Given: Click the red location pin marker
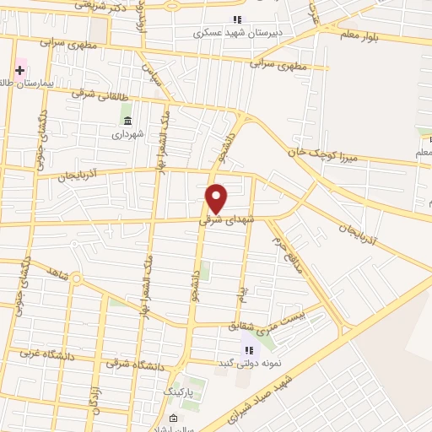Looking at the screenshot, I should point(217,198).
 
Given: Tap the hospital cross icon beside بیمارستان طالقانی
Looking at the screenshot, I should point(19,70).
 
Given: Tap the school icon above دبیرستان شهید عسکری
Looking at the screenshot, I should point(237,20).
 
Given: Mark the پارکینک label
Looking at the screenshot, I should point(178,392).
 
